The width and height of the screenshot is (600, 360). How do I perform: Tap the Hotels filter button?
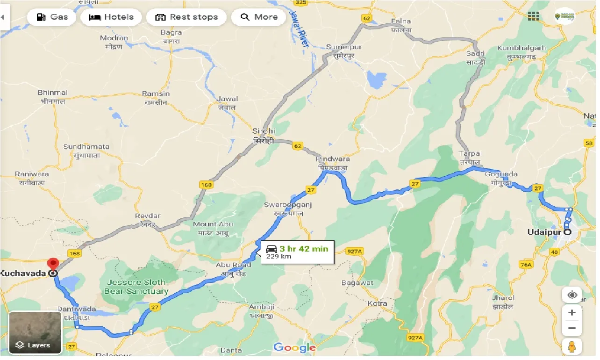pyautogui.click(x=111, y=17)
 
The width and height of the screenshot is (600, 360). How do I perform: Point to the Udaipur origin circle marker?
pyautogui.click(x=567, y=232)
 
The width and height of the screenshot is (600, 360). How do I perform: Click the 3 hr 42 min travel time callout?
pyautogui.click(x=297, y=252)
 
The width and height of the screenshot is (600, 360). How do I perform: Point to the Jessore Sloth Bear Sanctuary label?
pyautogui.click(x=137, y=287)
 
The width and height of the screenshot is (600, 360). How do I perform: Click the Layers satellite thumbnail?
pyautogui.click(x=35, y=332)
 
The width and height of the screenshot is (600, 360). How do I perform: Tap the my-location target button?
pyautogui.click(x=571, y=295)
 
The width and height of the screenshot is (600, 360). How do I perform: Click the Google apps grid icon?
pyautogui.click(x=533, y=16)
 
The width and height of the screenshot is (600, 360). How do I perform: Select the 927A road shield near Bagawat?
pyautogui.click(x=355, y=252)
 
